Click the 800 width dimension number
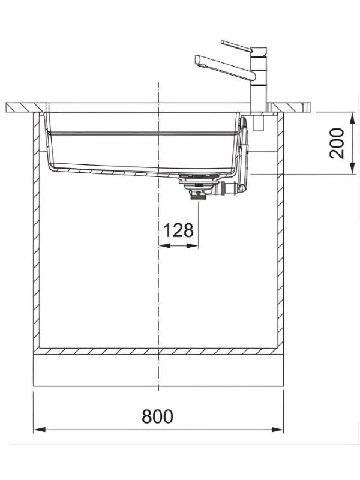[157, 416]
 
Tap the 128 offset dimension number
[178, 230]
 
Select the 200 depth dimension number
[337, 143]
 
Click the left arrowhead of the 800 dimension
[40, 430]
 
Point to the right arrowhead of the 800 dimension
[277, 430]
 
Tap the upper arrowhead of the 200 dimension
[353, 118]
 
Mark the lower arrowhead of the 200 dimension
[353, 169]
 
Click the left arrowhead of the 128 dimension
[164, 245]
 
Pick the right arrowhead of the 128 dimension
[192, 245]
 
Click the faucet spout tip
[198, 61]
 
